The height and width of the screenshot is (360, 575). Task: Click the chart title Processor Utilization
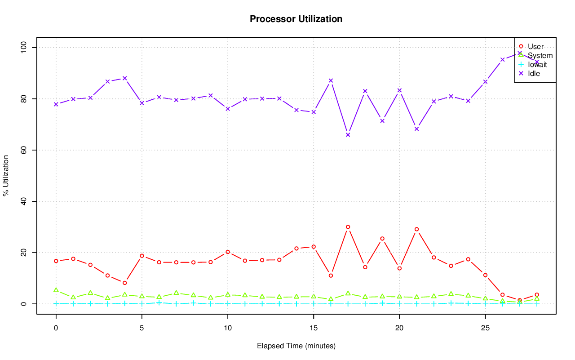pos(296,19)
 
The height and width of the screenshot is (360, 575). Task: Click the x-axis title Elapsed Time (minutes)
pos(296,346)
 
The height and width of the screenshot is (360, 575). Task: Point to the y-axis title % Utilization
pos(6,175)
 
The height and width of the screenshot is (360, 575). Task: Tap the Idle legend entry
pos(534,73)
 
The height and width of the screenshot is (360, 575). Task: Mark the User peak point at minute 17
pos(348,227)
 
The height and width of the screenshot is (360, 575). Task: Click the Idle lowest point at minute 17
pos(348,135)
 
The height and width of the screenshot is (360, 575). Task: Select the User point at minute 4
pos(125,283)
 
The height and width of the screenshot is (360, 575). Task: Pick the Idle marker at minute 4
pos(125,78)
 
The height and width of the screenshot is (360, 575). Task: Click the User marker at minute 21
pos(417,229)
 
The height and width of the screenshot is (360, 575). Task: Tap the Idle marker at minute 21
pos(417,129)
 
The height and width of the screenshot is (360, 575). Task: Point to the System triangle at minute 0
pos(56,290)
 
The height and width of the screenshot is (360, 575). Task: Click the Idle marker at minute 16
pos(331,81)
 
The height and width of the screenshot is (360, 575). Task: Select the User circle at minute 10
pos(228,252)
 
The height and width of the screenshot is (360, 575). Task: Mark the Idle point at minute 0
pos(56,104)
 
